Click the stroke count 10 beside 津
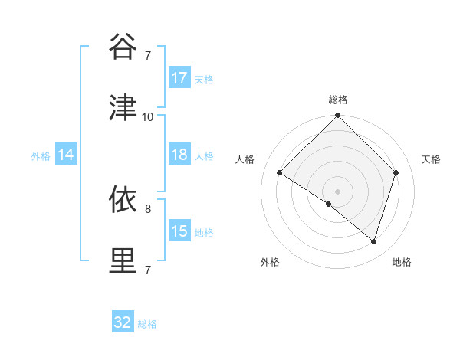(x=148, y=116)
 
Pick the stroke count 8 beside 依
(x=148, y=208)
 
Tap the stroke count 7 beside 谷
(x=148, y=55)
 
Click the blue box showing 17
(x=179, y=78)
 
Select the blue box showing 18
(x=179, y=155)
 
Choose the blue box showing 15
(x=179, y=231)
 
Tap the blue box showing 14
(x=66, y=155)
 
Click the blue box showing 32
(x=123, y=322)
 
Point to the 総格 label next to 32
(x=148, y=324)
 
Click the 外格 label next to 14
(x=41, y=156)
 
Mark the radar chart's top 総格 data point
(x=337, y=116)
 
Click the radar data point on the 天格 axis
(x=396, y=173)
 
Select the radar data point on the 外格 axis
(x=329, y=204)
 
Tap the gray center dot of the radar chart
(x=337, y=191)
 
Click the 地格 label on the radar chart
(x=402, y=262)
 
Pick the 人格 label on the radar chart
(x=245, y=159)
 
